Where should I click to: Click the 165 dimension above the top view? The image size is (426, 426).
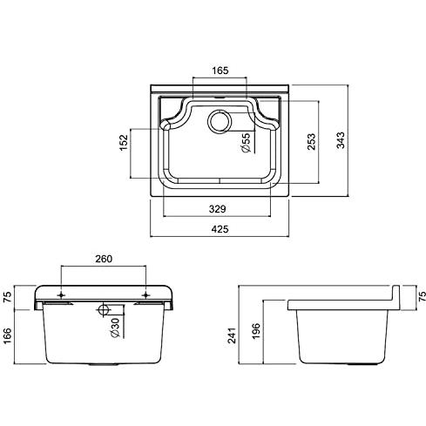click(220, 71)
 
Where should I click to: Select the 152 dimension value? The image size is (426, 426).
click(124, 142)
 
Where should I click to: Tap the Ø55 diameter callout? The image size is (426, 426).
click(246, 143)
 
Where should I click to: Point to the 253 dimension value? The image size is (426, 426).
click(311, 141)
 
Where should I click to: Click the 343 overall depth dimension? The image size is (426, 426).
click(341, 140)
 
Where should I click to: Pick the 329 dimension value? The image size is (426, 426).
click(217, 209)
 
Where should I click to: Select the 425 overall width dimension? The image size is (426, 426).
click(220, 229)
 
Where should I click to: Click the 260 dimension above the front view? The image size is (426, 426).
click(104, 259)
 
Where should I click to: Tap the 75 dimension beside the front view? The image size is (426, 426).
click(8, 297)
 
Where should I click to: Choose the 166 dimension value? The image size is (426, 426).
click(8, 335)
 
